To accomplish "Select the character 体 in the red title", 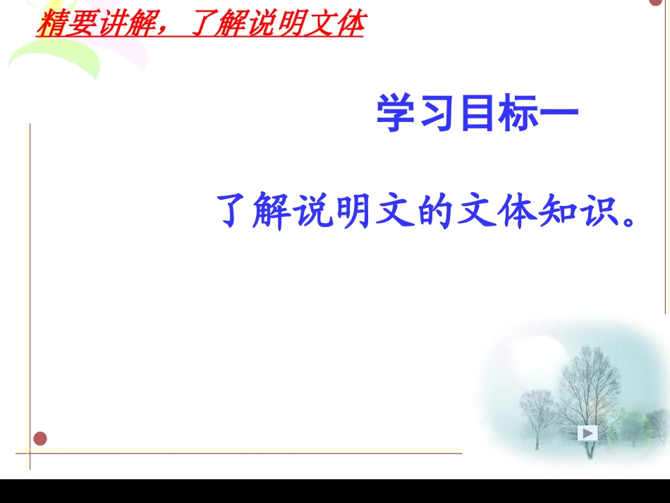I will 349,25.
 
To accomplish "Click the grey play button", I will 587,433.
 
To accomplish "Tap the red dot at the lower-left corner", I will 40,439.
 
